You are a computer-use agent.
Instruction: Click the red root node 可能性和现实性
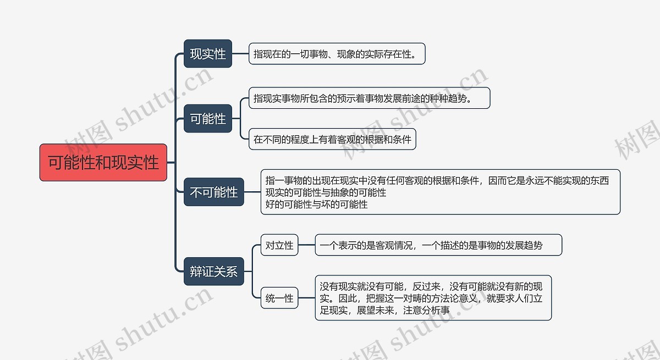tap(103, 163)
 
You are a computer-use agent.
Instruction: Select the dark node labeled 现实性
tap(208, 54)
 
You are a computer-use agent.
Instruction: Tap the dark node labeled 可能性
tap(208, 119)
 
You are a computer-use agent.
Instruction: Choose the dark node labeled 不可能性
tap(213, 192)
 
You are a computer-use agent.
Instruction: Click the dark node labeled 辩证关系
tap(213, 272)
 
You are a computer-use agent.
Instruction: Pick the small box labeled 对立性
tap(279, 245)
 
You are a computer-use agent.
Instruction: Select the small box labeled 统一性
tap(279, 298)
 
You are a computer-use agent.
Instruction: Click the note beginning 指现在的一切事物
tap(337, 54)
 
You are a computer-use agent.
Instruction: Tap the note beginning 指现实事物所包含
tap(369, 98)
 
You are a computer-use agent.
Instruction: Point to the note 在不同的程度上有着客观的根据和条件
tap(332, 139)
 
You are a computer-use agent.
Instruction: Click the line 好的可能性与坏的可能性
tap(316, 204)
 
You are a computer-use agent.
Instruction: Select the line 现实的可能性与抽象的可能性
tap(326, 192)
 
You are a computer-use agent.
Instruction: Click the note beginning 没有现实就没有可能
tap(433, 298)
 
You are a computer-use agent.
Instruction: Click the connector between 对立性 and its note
tap(306, 245)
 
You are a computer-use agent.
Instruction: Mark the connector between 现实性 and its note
tap(240, 54)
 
